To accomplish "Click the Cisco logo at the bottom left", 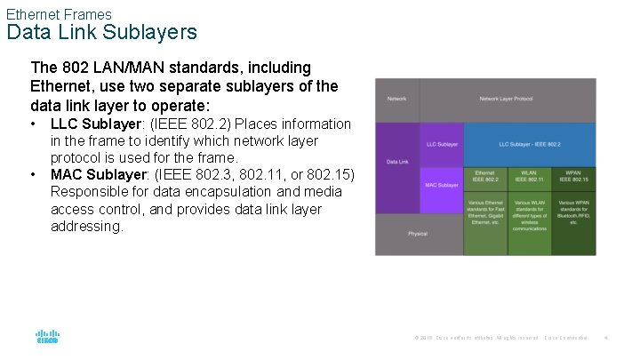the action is [47, 337].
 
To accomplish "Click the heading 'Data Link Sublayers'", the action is [102, 33].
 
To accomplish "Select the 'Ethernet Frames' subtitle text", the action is [59, 14].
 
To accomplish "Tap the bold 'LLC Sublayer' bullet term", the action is [92, 124].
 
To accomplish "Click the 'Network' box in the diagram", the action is [396, 99].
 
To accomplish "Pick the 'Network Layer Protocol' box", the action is [507, 99].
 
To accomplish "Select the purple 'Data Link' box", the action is [396, 162].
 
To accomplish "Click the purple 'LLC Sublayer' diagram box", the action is [442, 143].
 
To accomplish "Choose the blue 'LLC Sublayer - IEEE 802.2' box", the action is [529, 143].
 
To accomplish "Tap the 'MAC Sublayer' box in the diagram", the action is [442, 185].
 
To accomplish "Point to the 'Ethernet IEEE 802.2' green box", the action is [485, 176].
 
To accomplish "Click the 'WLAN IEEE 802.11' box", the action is [529, 176].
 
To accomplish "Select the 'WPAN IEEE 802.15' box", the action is [573, 176].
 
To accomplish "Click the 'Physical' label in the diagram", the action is [418, 234].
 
